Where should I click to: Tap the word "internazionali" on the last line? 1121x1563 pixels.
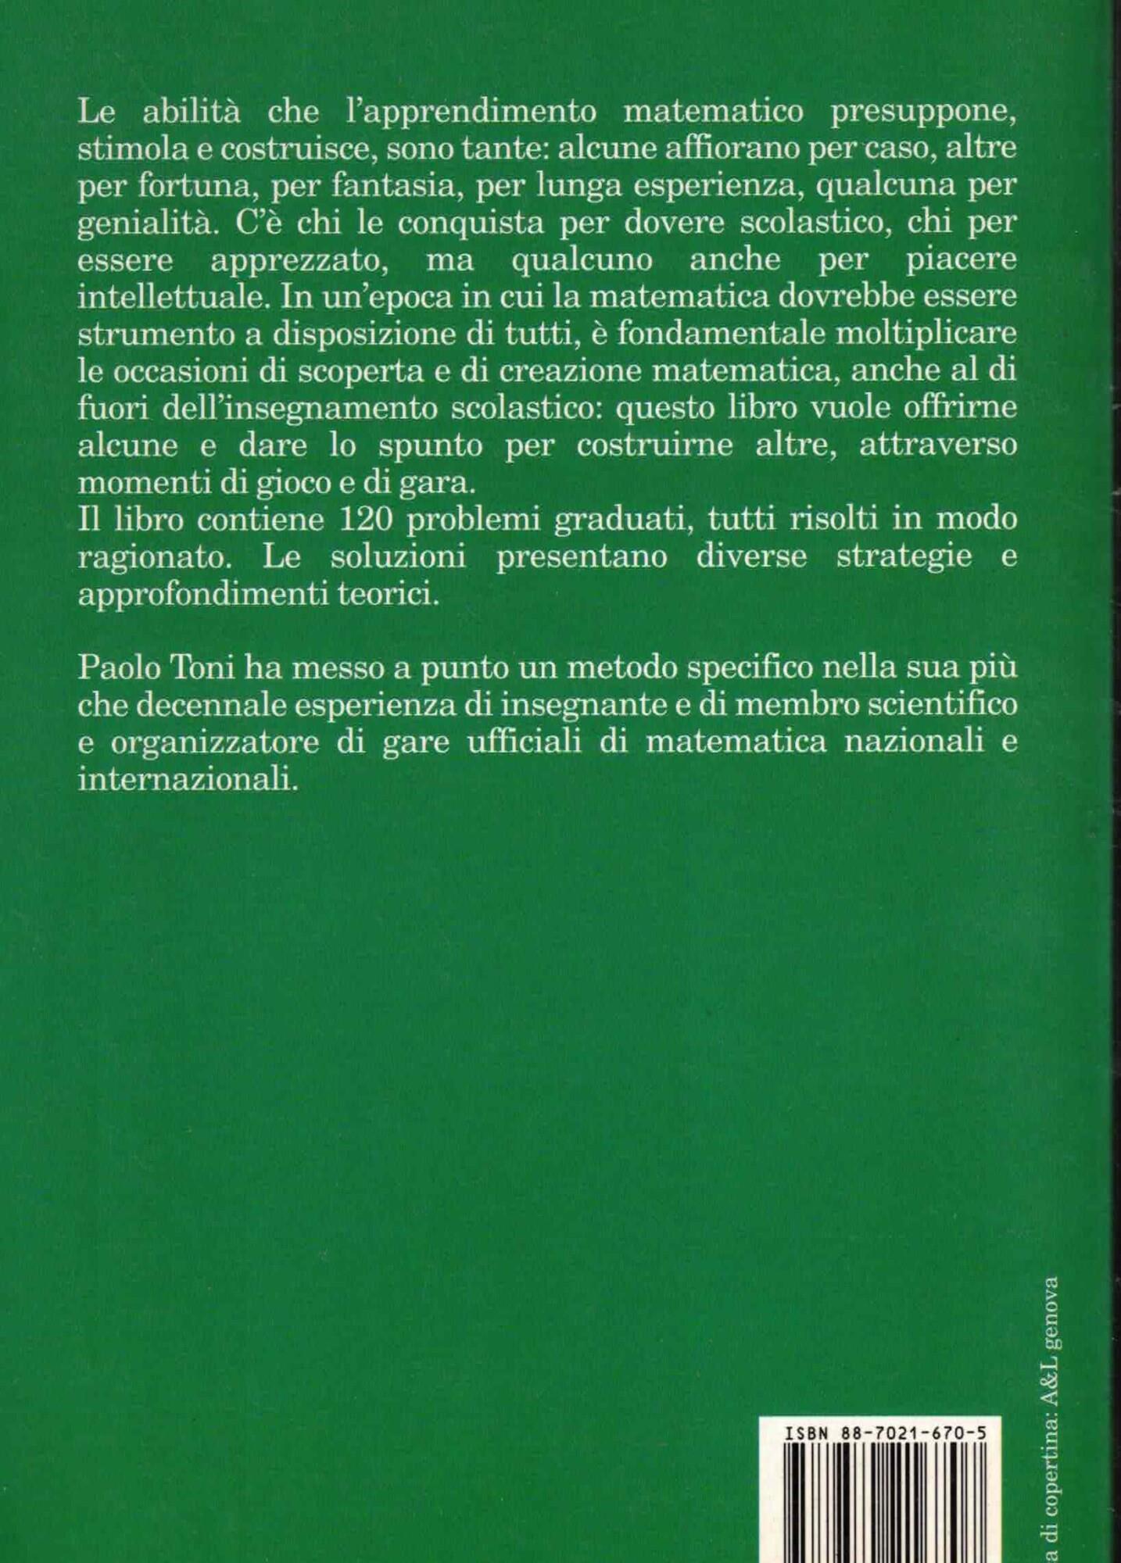pyautogui.click(x=188, y=780)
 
